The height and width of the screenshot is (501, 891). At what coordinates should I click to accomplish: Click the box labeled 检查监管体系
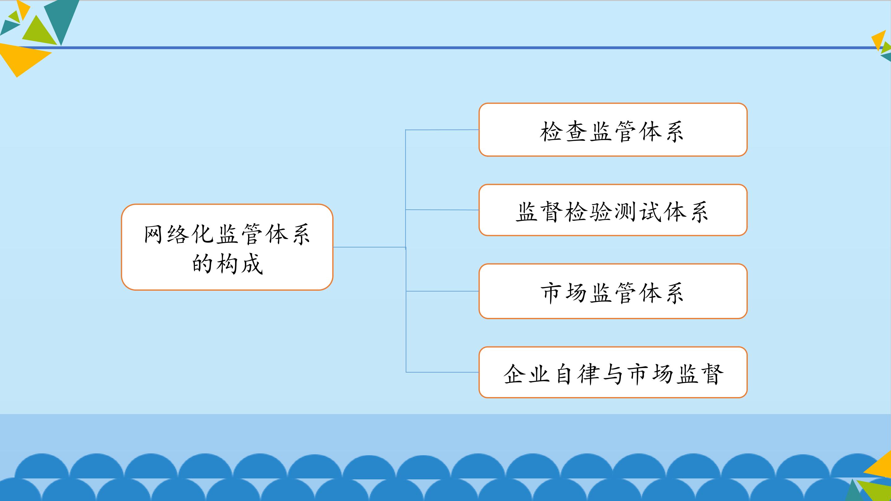(x=613, y=130)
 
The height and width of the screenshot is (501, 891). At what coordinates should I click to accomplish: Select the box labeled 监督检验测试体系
(x=613, y=210)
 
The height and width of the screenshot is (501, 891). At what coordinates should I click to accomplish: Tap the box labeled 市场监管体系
(x=613, y=291)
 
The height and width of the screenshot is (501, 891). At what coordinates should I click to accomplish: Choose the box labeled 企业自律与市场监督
(x=613, y=372)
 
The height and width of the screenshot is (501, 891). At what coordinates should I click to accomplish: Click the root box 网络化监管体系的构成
(x=227, y=247)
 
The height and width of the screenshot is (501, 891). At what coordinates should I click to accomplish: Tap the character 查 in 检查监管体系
(x=576, y=131)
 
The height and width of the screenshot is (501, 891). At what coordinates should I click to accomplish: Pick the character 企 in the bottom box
(x=514, y=374)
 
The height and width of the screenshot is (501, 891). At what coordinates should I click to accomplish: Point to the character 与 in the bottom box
(x=613, y=374)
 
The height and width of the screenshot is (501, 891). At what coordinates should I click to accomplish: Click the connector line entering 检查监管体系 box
(x=442, y=130)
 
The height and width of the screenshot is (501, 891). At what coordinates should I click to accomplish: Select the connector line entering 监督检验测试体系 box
(x=442, y=210)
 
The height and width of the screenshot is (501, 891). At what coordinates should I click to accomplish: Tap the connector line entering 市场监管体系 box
(x=442, y=291)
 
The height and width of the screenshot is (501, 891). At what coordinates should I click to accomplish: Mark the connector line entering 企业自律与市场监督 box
(x=442, y=372)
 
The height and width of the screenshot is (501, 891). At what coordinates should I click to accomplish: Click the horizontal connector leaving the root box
(x=369, y=247)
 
